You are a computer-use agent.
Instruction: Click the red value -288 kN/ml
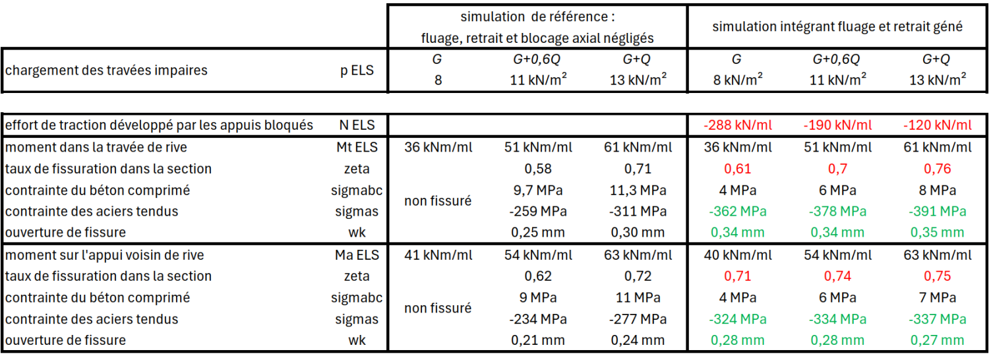click(738, 125)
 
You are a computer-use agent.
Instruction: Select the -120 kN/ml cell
click(937, 125)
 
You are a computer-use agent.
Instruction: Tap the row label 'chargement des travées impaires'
click(106, 70)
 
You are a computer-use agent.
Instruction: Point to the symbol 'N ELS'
click(357, 125)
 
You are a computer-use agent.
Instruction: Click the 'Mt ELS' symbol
click(357, 147)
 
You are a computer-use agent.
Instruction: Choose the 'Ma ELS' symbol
click(357, 255)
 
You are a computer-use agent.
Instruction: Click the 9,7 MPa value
click(538, 190)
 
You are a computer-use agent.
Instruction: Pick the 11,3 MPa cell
click(638, 190)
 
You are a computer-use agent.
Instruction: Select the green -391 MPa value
click(937, 211)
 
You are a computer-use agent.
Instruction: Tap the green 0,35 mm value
click(937, 232)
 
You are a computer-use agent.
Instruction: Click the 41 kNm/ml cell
click(438, 255)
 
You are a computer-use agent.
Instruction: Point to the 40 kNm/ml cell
click(738, 255)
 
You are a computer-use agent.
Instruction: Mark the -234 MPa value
click(538, 318)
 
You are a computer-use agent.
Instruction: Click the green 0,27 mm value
click(937, 340)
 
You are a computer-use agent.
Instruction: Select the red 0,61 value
click(738, 169)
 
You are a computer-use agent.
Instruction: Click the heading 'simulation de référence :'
click(537, 17)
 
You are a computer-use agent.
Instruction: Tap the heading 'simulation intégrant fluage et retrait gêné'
click(837, 26)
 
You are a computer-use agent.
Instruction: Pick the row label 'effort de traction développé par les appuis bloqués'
click(159, 125)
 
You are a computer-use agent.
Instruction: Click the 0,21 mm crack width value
click(538, 340)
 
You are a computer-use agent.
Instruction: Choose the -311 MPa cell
click(638, 211)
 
